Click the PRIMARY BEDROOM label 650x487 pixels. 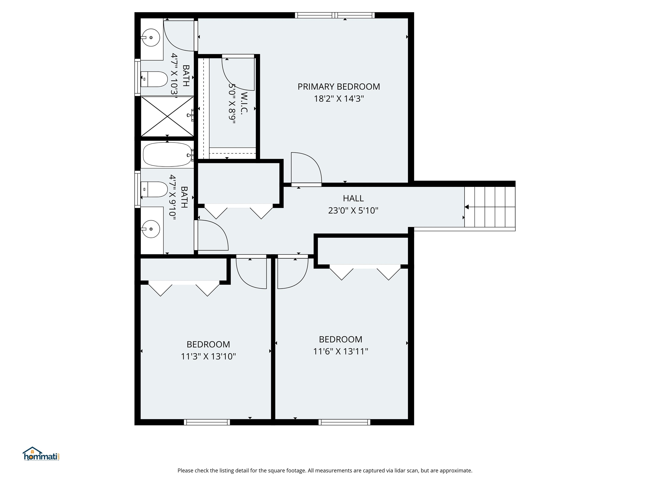(339, 87)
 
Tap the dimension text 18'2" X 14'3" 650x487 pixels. (339, 99)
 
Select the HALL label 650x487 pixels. (353, 198)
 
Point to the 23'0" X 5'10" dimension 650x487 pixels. (353, 211)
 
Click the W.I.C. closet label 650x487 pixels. (244, 102)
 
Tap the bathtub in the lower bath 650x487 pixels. (167, 155)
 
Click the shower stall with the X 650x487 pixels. (167, 116)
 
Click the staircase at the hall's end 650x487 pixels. (490, 207)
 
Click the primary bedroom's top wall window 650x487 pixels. (335, 15)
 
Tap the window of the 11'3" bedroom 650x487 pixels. (207, 422)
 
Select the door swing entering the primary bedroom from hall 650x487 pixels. (306, 169)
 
